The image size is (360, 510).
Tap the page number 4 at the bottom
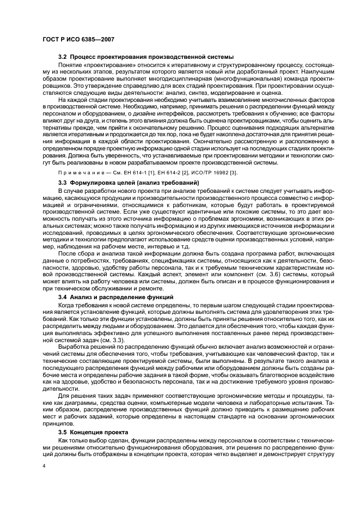(x=43, y=466)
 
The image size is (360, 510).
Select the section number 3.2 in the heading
(x=63, y=57)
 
